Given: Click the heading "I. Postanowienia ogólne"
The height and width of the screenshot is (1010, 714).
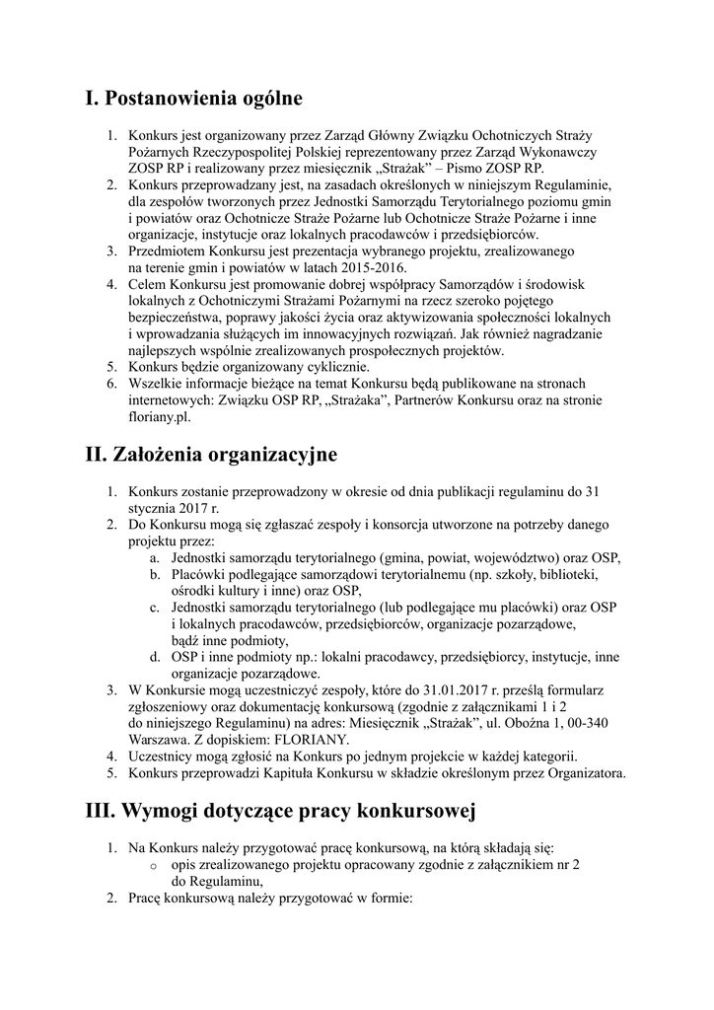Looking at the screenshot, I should coord(193,99).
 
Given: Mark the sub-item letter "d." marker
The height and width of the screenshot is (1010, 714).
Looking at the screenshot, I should coord(156,656).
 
